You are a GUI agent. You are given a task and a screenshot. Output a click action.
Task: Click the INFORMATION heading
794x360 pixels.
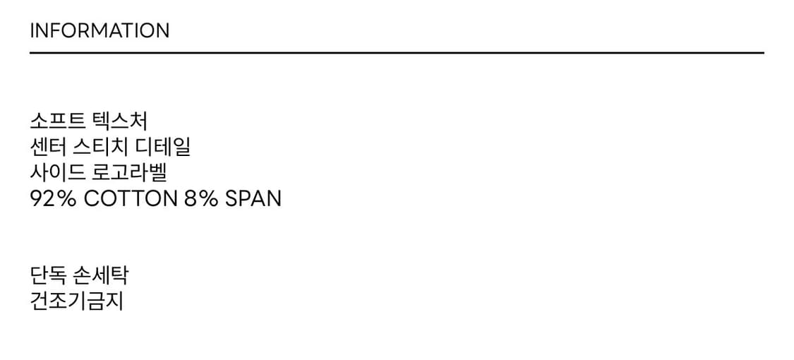point(100,30)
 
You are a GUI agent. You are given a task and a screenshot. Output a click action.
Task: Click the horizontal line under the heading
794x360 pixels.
point(397,52)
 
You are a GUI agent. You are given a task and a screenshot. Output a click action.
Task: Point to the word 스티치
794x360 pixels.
point(100,148)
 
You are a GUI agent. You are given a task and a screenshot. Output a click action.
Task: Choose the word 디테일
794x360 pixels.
point(164,148)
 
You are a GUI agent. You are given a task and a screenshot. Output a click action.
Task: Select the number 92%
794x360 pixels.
point(53,199)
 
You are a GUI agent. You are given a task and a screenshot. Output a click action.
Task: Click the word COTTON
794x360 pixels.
point(131,199)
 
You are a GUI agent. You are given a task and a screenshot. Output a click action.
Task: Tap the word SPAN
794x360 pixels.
point(253,199)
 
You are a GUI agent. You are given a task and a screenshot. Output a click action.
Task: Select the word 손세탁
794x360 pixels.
point(100,276)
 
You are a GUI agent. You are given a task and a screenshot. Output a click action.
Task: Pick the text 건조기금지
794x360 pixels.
point(76,302)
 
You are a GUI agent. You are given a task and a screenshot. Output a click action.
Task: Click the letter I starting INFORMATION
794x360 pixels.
point(32,30)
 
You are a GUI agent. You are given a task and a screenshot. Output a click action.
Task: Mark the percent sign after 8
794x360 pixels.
point(208,199)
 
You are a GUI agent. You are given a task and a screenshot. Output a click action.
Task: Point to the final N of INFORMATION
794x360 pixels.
point(162,30)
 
